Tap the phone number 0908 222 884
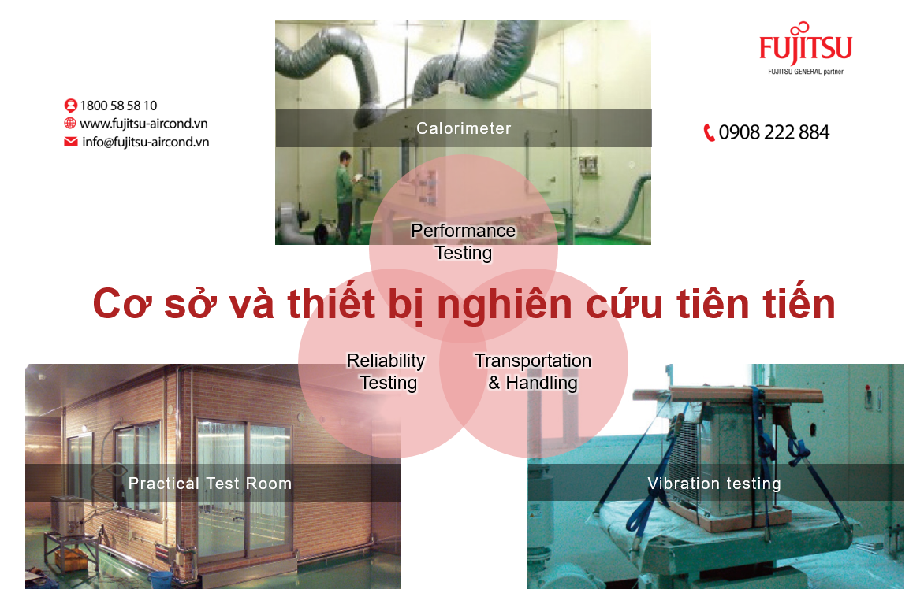point(773,132)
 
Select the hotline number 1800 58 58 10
point(118,106)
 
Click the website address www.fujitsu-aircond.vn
point(143,124)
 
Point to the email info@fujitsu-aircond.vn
point(146,142)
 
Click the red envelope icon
point(71,141)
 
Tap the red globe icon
point(70,123)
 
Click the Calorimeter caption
point(464,128)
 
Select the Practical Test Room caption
point(211,484)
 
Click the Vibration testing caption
point(714,484)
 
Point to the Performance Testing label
point(463,242)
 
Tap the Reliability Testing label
point(386,372)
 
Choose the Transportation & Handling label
point(533,372)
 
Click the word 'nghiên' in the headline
point(505,305)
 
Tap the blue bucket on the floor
point(161,580)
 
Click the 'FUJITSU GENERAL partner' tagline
point(806,72)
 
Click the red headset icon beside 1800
point(71,106)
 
